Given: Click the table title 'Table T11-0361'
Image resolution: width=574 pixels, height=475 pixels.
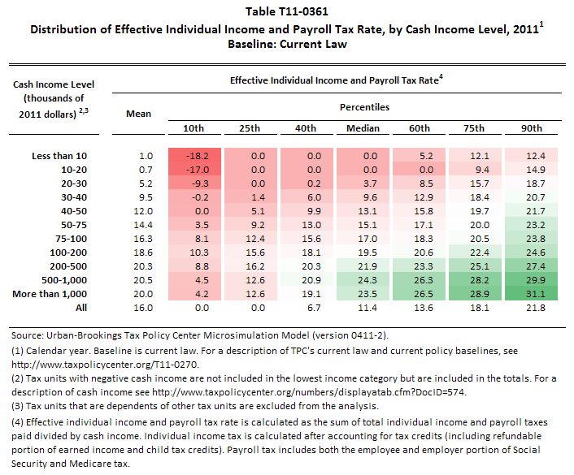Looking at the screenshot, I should tap(286, 13).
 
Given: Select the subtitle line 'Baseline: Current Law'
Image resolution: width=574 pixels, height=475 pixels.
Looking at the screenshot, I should tap(286, 44).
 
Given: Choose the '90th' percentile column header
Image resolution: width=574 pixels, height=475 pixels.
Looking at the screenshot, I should tap(533, 128).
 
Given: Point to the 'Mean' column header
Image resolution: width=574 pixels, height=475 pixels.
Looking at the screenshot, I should tap(139, 114).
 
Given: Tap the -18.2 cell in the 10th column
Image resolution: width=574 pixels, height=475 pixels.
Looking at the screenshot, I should tap(195, 155).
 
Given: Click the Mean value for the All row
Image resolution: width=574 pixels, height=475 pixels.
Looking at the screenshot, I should tap(139, 309).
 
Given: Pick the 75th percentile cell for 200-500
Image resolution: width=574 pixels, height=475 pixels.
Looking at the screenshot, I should tap(475, 266).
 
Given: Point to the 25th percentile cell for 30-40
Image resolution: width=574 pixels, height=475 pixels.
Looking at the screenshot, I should tap(251, 196).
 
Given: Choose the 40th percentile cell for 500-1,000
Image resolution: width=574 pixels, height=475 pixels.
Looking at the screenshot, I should tap(307, 280).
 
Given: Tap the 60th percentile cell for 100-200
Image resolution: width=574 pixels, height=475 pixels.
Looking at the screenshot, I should tap(418, 253).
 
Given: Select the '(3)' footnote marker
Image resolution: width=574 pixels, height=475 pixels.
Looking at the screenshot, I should tap(19, 406).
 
